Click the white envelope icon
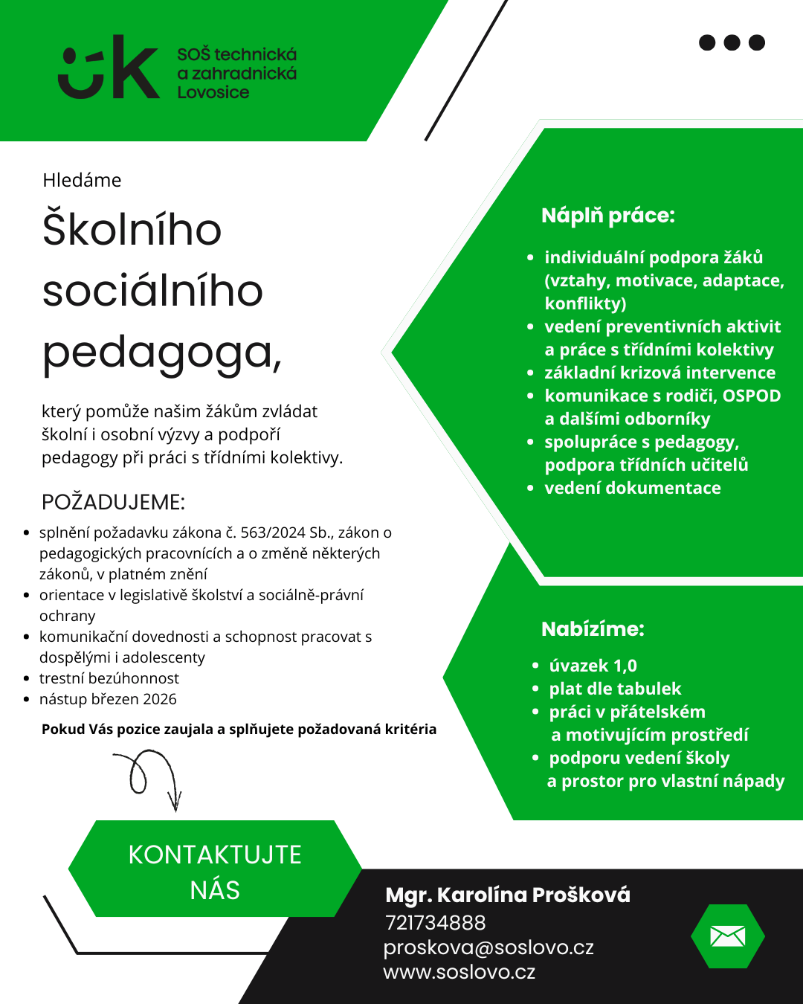pos(727,936)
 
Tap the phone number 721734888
pos(436,923)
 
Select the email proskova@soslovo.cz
pos(488,947)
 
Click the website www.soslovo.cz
pos(459,972)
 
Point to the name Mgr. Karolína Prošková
pos(508,895)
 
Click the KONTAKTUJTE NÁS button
pos(215,872)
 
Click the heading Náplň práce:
pos(608,216)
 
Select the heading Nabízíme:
pos(593,629)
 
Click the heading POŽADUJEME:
pos(113,502)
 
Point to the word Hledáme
pos(82,180)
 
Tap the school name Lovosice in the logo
pos(213,93)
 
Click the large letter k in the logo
pos(135,68)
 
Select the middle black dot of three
pos(732,42)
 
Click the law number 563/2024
pos(273,532)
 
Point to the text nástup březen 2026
pos(108,699)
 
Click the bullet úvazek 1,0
pos(593,666)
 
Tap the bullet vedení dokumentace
pos(633,488)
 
